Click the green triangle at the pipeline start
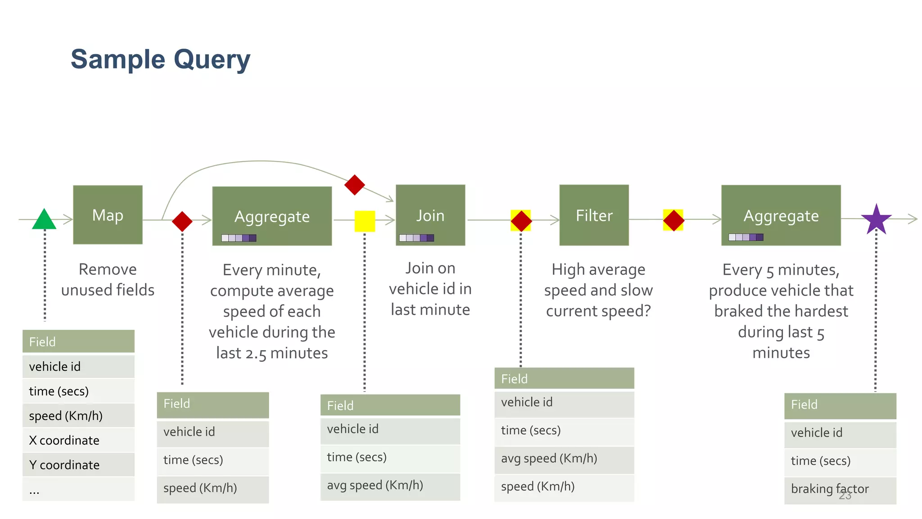44,220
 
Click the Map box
108,215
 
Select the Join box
430,215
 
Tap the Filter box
594,215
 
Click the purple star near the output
876,220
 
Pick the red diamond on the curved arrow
354,185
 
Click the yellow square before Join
365,221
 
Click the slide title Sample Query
160,59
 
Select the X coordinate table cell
78,440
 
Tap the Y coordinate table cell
78,464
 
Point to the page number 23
845,496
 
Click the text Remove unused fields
108,279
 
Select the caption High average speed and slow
598,280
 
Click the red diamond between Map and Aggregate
182,221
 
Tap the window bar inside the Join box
416,238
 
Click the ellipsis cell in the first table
78,490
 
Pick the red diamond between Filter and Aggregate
673,220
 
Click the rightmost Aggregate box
781,215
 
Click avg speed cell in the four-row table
564,459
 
